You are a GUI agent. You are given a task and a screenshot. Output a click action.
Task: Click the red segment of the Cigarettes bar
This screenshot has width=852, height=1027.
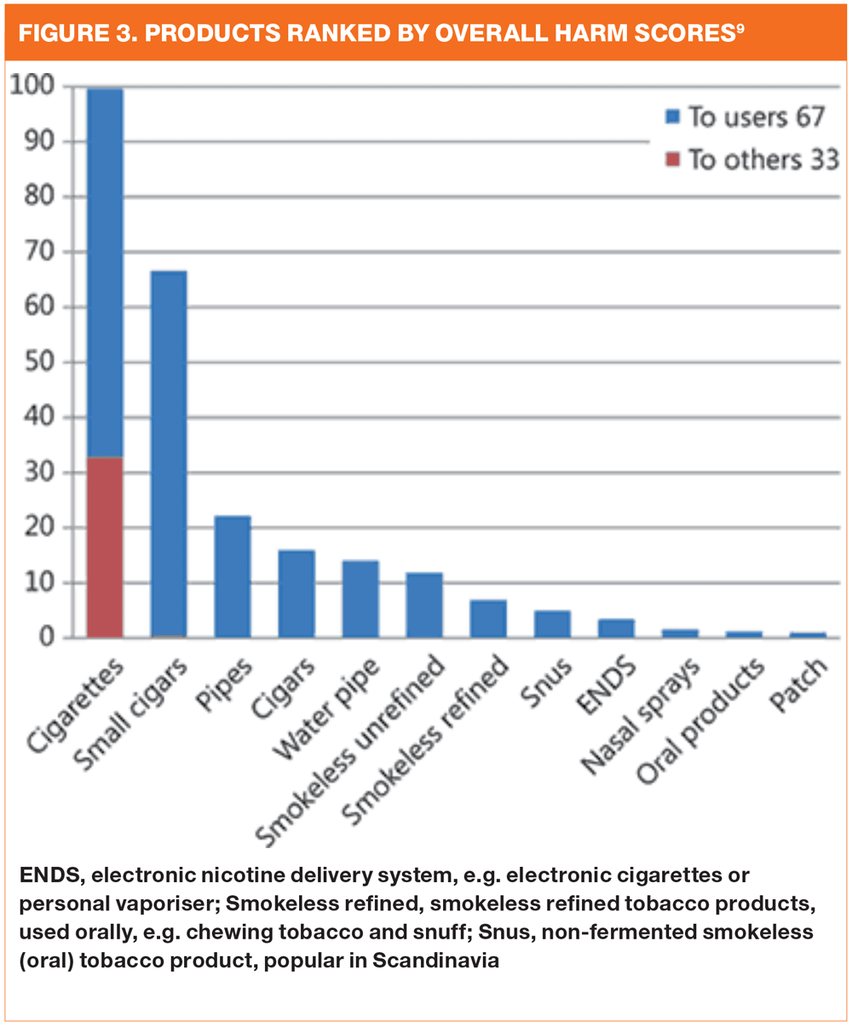pyautogui.click(x=105, y=547)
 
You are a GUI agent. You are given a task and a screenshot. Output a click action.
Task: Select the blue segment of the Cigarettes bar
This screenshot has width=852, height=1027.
pyautogui.click(x=105, y=273)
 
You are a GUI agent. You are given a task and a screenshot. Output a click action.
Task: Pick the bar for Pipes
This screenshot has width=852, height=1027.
pyautogui.click(x=232, y=577)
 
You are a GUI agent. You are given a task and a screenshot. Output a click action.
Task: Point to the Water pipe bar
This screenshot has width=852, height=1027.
pyautogui.click(x=360, y=599)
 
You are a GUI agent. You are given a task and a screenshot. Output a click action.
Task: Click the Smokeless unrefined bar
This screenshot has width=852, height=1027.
pyautogui.click(x=423, y=605)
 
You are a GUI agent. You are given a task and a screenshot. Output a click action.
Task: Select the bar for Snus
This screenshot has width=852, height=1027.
pyautogui.click(x=552, y=624)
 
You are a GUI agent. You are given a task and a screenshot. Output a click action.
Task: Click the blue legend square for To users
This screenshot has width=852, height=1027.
pyautogui.click(x=673, y=118)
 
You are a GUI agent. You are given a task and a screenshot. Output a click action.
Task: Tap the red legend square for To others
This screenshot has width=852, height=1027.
pyautogui.click(x=673, y=159)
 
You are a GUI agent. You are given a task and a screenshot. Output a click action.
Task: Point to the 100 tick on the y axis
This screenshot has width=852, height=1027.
pyautogui.click(x=32, y=86)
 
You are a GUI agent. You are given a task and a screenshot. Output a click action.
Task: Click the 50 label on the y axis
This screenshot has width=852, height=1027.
pyautogui.click(x=38, y=362)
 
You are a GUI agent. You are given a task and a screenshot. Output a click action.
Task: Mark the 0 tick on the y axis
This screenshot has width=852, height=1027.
pyautogui.click(x=48, y=638)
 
